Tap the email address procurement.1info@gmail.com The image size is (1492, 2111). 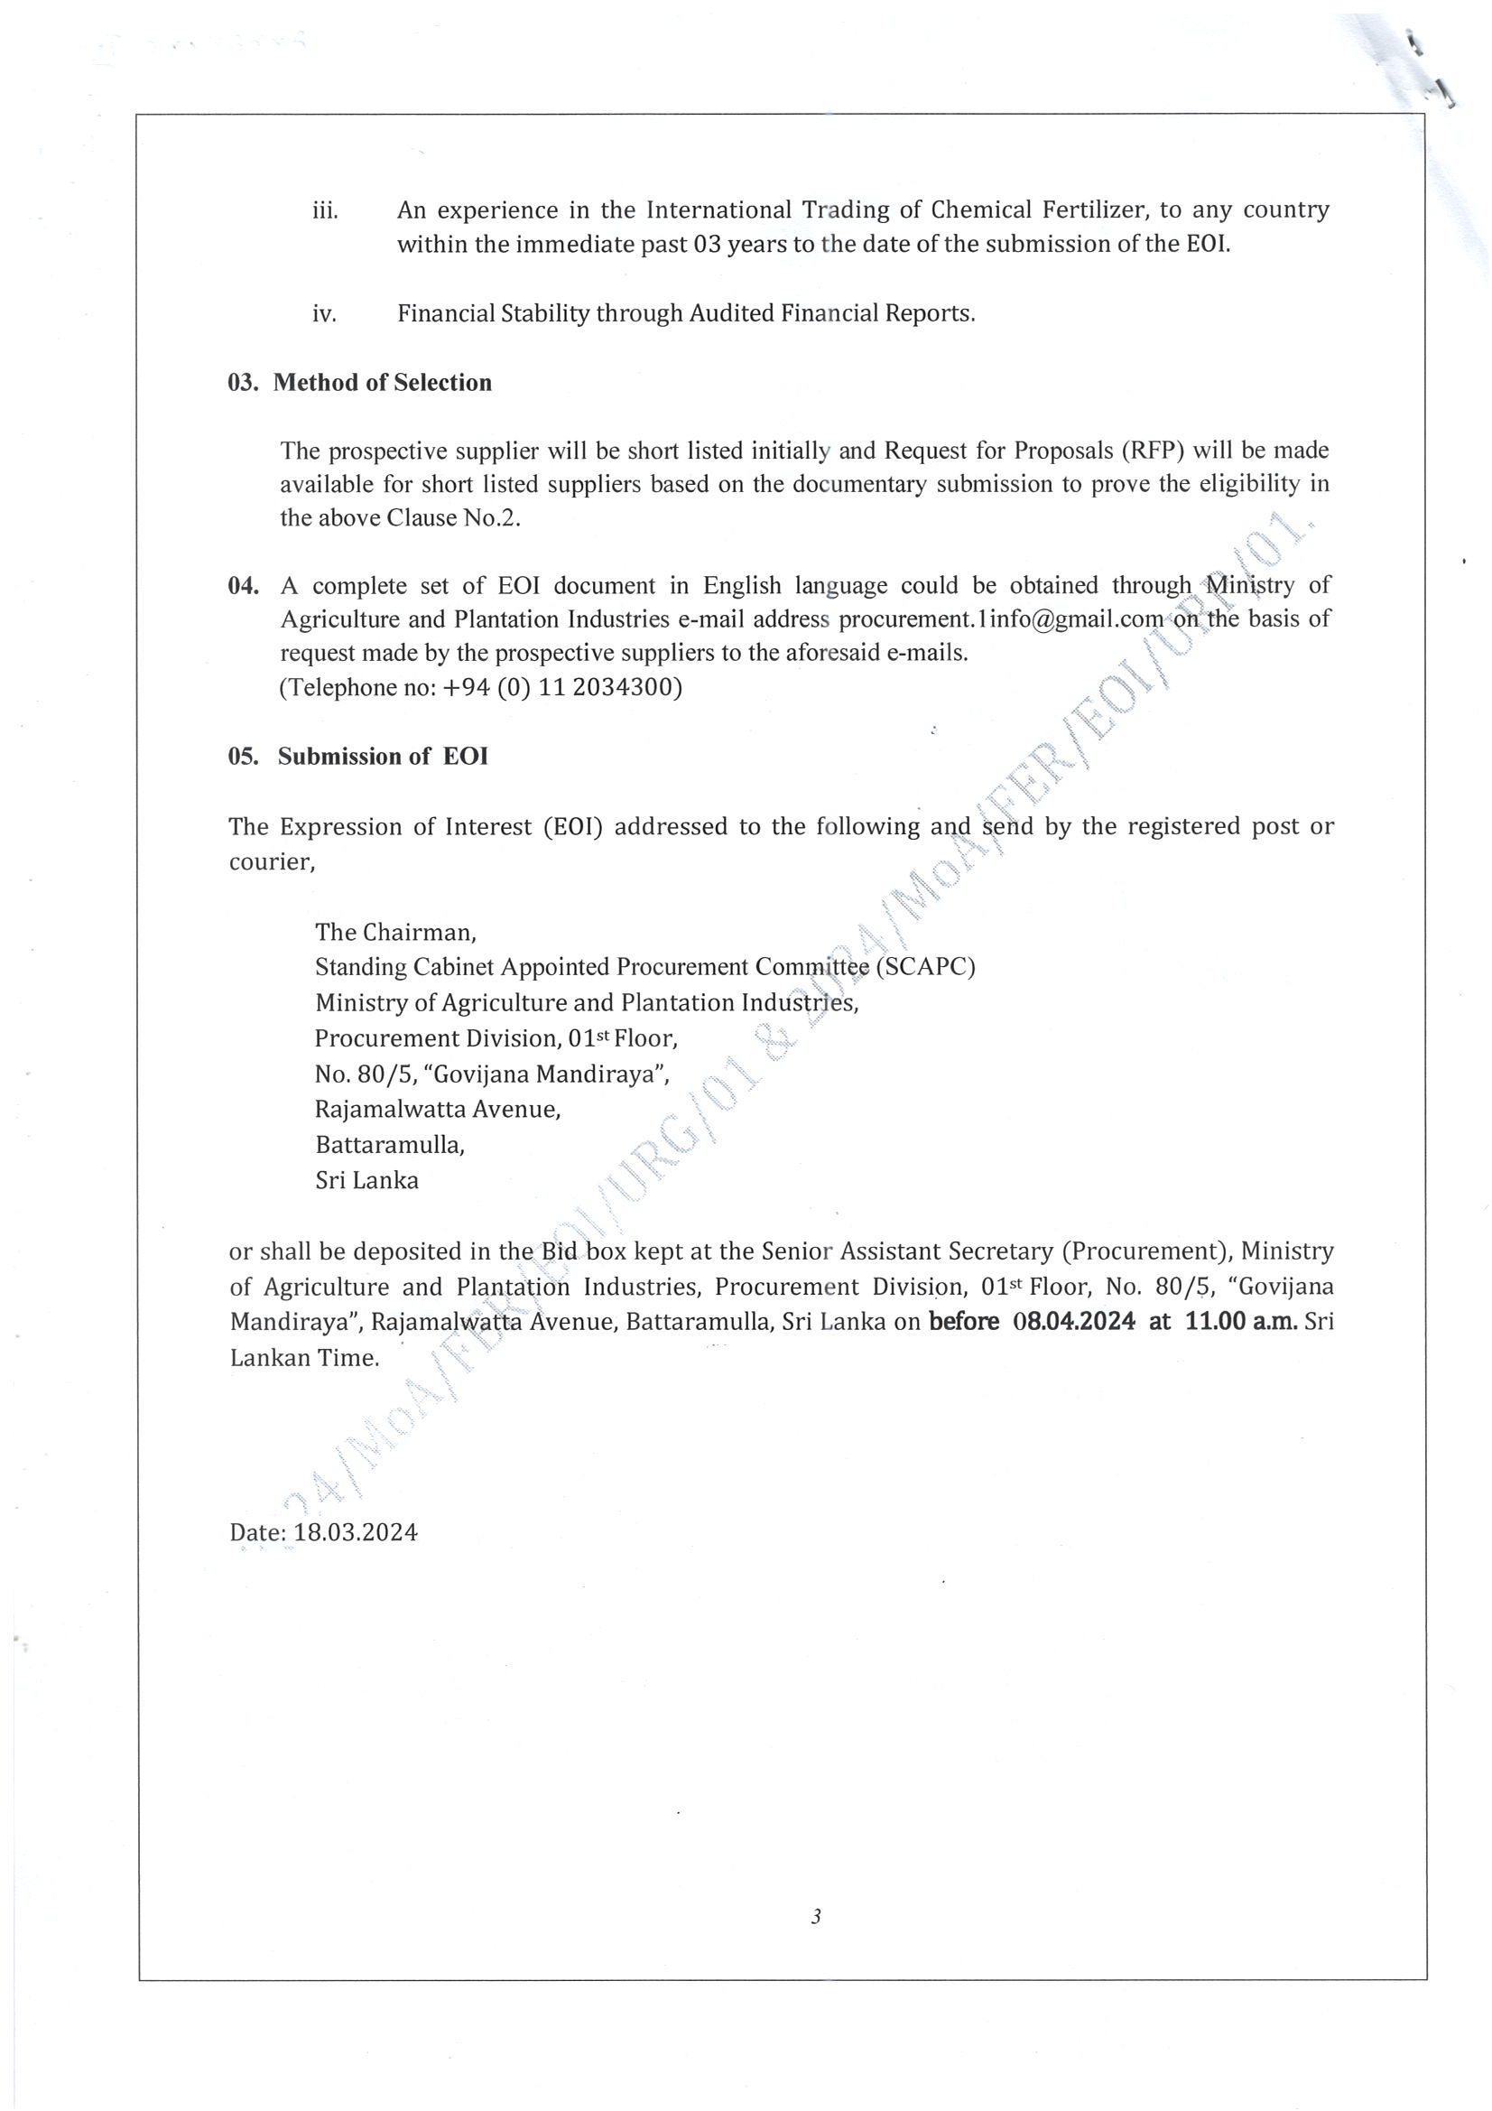pos(1001,618)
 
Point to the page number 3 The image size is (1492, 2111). pos(815,1916)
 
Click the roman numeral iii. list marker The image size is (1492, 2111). pos(326,211)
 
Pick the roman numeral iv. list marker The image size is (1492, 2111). pos(325,314)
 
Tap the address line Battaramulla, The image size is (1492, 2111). pos(390,1145)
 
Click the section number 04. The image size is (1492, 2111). pos(243,586)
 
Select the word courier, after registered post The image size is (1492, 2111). pos(272,861)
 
